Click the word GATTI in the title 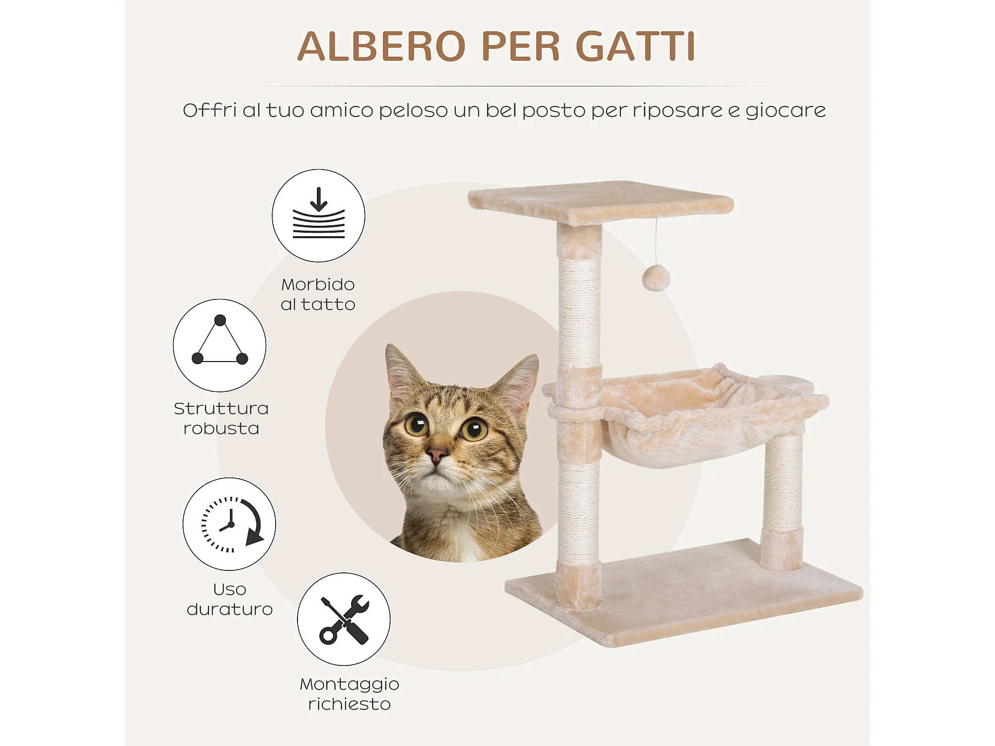635,46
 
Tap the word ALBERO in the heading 381,46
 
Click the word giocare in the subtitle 786,110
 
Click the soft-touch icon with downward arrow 318,215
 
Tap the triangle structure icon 219,345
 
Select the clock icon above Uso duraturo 229,524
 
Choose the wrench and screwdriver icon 344,619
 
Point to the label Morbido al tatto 318,294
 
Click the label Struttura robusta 221,418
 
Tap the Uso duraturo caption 229,599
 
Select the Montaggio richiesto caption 349,694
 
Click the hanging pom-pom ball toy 656,278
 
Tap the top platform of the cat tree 600,203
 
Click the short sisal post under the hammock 783,502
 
